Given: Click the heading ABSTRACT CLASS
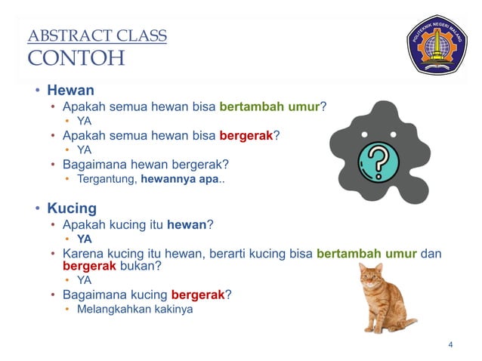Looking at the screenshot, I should pyautogui.click(x=97, y=35).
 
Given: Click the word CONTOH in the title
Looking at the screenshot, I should pyautogui.click(x=76, y=58).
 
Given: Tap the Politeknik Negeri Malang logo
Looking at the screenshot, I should pyautogui.click(x=436, y=45).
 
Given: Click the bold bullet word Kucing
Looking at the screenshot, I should pyautogui.click(x=72, y=208).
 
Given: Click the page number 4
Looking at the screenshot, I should pyautogui.click(x=450, y=345).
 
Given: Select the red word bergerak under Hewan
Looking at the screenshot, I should pyautogui.click(x=246, y=136).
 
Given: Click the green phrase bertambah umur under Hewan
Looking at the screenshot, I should pyautogui.click(x=270, y=106).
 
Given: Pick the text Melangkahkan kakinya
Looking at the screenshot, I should pyautogui.click(x=134, y=309).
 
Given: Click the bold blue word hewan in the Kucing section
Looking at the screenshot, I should pyautogui.click(x=186, y=224).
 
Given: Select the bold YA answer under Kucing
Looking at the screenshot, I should pyautogui.click(x=85, y=239).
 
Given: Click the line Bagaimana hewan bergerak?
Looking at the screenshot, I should pyautogui.click(x=145, y=164).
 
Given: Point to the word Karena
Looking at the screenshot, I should pyautogui.click(x=82, y=254).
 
